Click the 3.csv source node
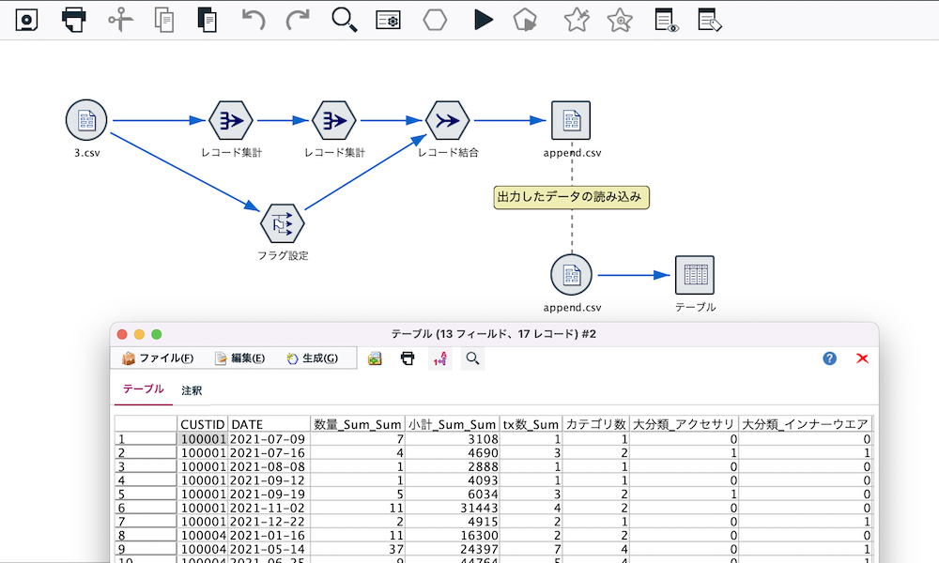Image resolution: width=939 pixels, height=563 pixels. point(86,121)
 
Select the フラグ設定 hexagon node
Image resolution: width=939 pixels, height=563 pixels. point(283,223)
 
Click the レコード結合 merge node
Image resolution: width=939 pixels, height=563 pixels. point(448,121)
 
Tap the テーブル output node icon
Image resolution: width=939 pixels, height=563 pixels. point(695,275)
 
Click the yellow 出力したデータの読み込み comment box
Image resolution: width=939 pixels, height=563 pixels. point(572,197)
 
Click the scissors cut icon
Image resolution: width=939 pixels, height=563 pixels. point(120,20)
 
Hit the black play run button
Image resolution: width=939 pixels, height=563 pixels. point(484,20)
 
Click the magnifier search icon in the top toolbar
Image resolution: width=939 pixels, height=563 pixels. point(345,20)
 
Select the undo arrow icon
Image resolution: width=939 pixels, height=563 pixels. point(254,20)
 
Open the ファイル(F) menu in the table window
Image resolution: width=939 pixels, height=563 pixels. point(158,358)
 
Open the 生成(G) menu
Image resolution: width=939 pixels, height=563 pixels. point(313,358)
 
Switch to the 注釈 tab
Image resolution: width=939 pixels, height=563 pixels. point(192,390)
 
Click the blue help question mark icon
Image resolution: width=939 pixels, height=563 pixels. point(829,358)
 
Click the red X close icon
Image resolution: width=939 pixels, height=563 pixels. point(862,358)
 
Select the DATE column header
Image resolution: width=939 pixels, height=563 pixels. point(269,425)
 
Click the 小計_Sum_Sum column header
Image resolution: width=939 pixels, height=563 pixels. point(452,425)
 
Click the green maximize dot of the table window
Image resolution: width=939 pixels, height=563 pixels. point(157,334)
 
